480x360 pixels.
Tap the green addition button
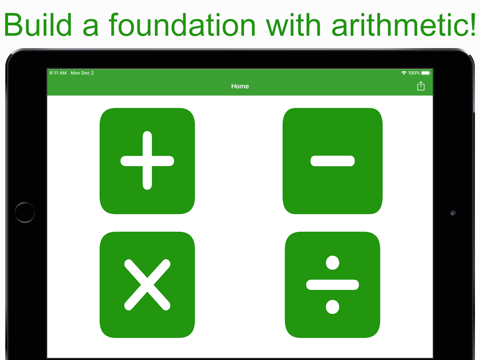(147, 161)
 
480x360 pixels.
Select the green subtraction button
(332, 161)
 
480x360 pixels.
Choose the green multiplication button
(147, 285)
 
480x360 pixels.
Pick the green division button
(332, 285)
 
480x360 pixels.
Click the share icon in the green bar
(421, 86)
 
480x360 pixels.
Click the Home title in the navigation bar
(240, 86)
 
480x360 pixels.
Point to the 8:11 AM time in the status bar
(58, 73)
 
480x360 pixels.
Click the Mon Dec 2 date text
(82, 73)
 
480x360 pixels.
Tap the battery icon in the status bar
(426, 73)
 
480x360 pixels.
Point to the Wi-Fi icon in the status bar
(404, 73)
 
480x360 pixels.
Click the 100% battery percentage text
(414, 73)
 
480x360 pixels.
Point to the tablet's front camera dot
(453, 213)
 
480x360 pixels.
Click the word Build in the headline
(38, 25)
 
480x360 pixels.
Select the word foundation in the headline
(182, 25)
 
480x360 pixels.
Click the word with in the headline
(294, 25)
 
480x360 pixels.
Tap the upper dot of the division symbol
(332, 263)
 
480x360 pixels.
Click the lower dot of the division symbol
(332, 307)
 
